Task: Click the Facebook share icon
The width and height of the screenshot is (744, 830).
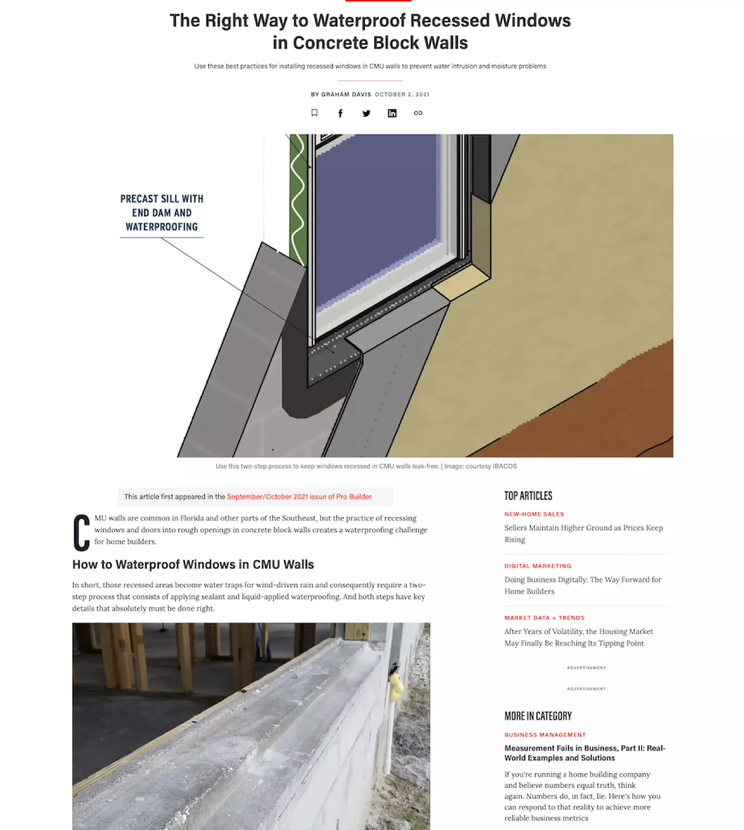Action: [x=340, y=113]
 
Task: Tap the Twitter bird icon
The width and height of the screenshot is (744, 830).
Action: [x=366, y=113]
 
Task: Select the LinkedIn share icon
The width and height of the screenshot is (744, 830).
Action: [x=392, y=113]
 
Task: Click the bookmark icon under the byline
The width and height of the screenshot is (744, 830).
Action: [x=314, y=113]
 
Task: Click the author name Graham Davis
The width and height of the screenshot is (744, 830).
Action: [x=346, y=94]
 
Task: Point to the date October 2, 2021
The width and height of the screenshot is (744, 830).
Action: [x=402, y=94]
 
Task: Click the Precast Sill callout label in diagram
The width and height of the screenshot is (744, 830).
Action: [x=162, y=213]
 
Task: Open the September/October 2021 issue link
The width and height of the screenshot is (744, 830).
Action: [x=300, y=497]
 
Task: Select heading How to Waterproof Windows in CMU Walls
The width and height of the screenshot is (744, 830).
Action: [x=193, y=564]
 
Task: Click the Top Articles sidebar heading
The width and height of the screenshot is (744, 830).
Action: [x=528, y=496]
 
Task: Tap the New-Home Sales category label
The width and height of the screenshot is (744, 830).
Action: [x=534, y=514]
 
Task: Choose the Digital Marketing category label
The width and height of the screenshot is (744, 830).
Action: [x=538, y=566]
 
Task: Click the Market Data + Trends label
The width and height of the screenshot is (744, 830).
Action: [x=544, y=618]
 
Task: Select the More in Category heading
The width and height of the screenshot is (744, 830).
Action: [x=538, y=716]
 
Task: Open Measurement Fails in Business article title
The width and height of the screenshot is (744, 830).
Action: [x=585, y=753]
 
